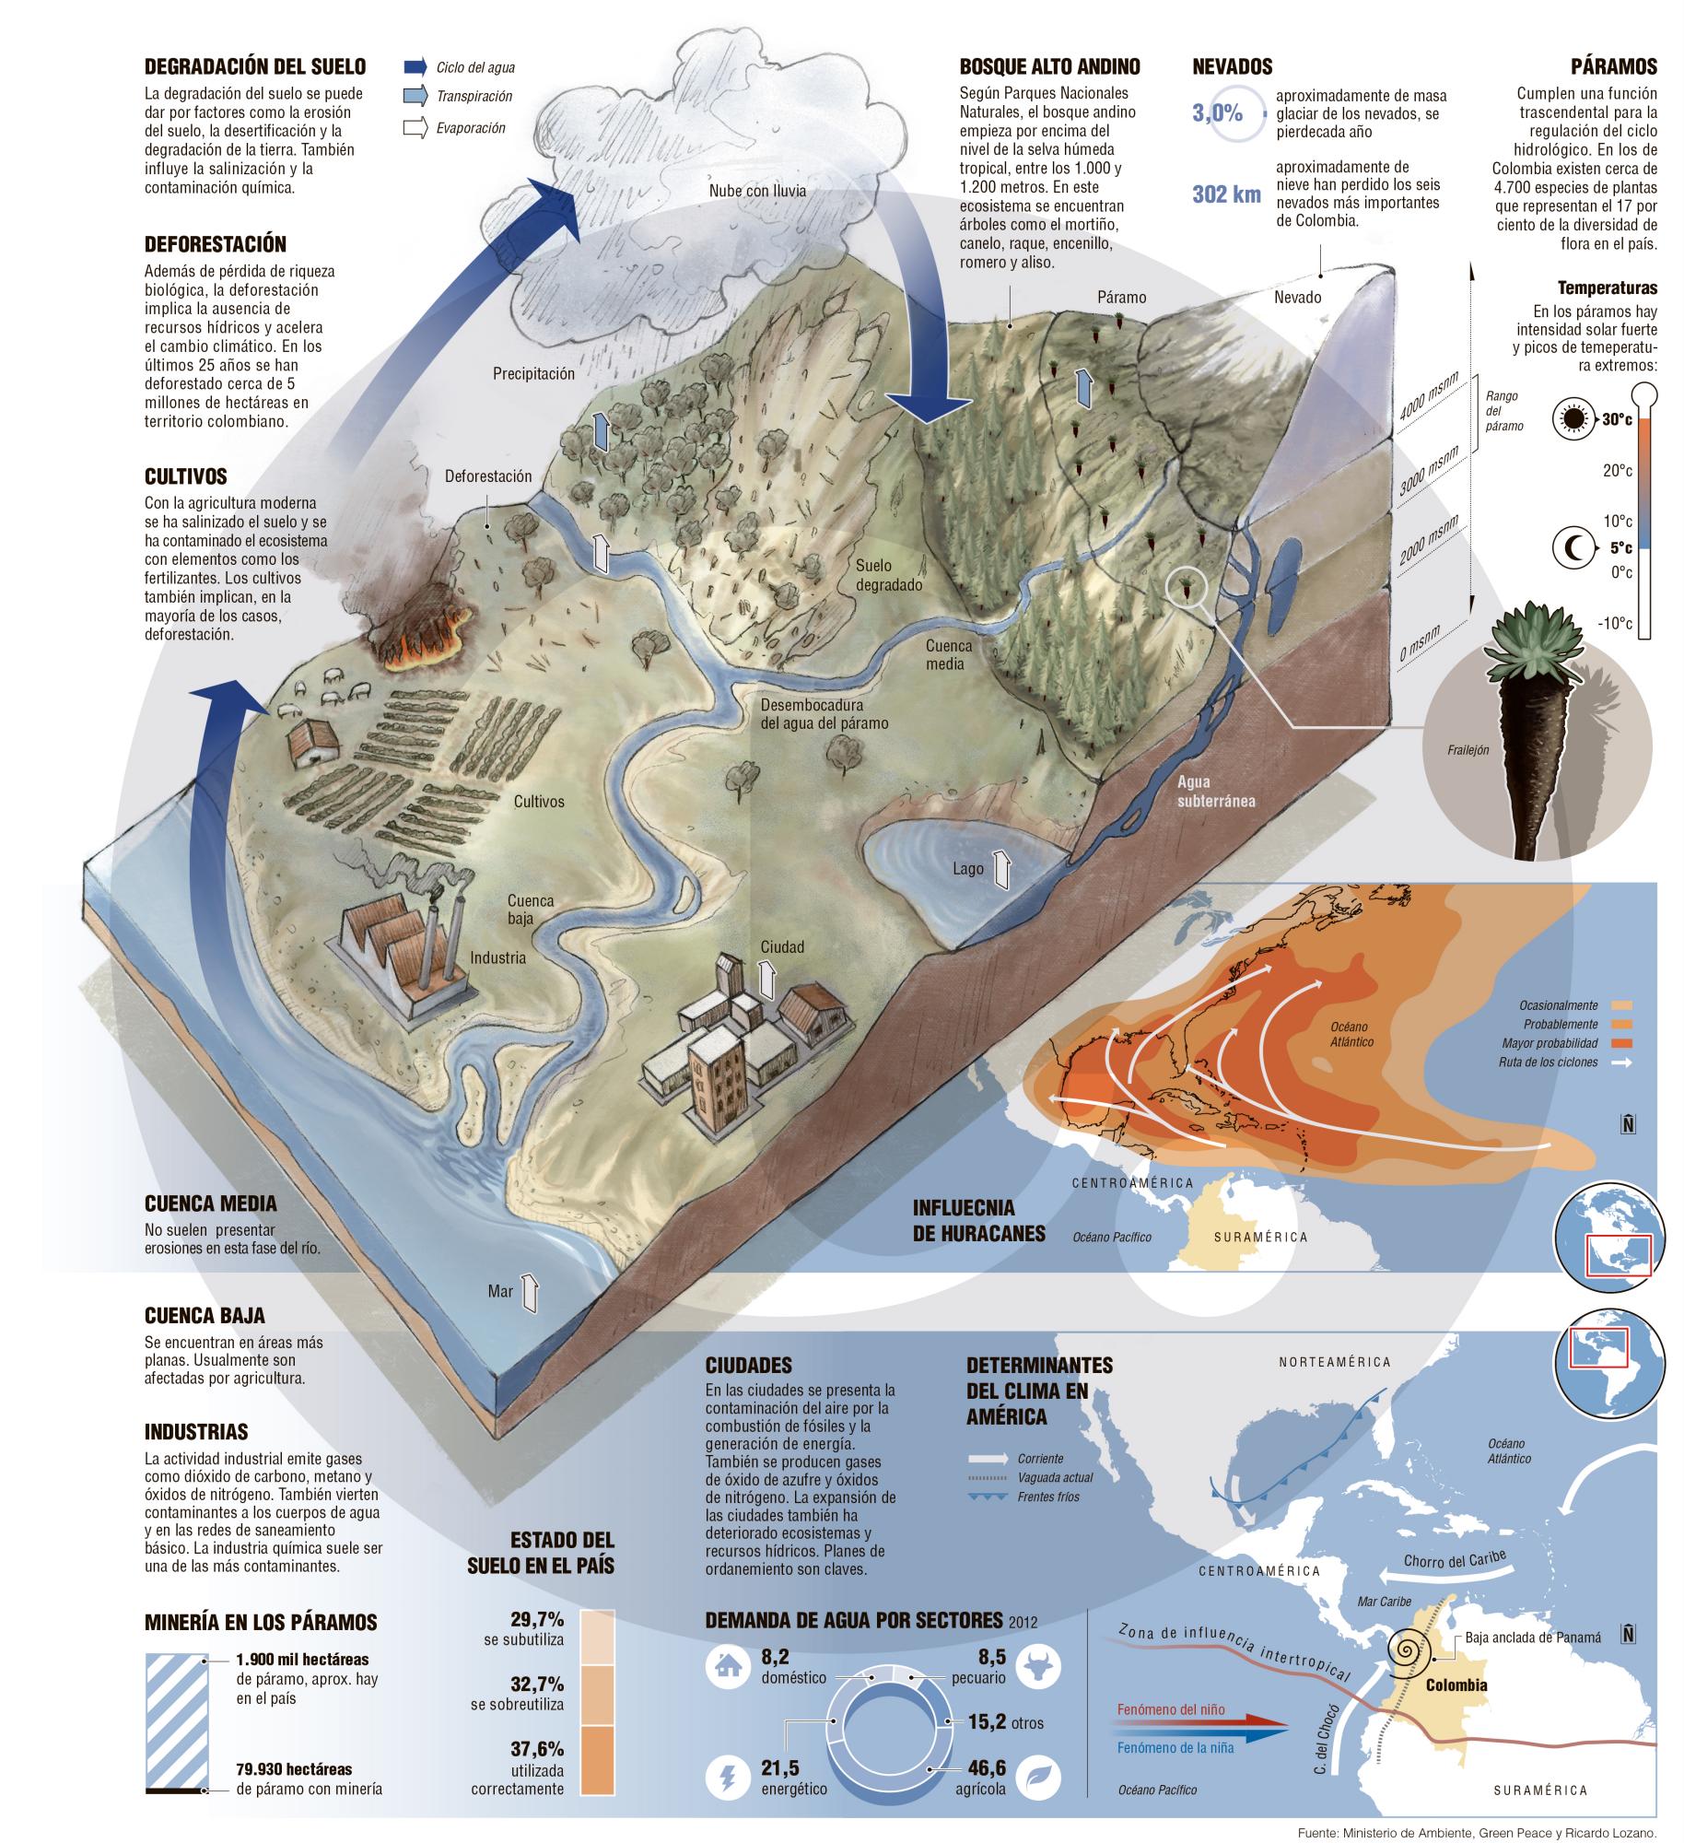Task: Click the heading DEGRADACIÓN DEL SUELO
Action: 255,66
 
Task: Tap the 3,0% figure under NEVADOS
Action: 1217,113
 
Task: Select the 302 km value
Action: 1225,195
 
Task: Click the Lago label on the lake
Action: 968,868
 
